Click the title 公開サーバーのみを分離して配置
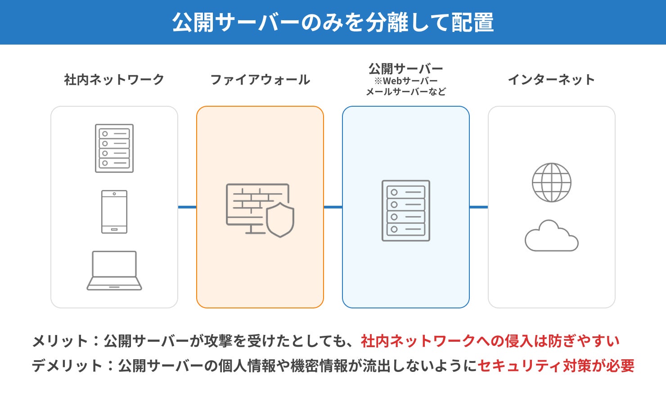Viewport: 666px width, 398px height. [x=333, y=23]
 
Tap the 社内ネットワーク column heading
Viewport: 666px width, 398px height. [x=114, y=80]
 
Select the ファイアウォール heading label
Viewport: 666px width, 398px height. [x=260, y=80]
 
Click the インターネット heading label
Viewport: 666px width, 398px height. [x=551, y=80]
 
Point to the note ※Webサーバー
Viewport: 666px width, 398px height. [x=406, y=81]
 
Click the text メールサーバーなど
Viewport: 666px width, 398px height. [x=406, y=92]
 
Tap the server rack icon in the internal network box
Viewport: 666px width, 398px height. [x=114, y=148]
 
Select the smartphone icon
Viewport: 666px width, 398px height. [x=114, y=212]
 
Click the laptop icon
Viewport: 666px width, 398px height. [x=114, y=270]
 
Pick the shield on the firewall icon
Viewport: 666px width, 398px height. [x=280, y=220]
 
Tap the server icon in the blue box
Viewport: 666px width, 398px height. [x=406, y=211]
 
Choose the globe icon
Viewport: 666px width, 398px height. [x=551, y=182]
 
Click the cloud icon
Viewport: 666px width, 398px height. [x=551, y=236]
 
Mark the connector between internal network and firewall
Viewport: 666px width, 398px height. [x=187, y=207]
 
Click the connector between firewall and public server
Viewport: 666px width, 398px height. [x=333, y=207]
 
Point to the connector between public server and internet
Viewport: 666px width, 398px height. [x=479, y=207]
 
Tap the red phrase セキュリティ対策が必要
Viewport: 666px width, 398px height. [x=556, y=366]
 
